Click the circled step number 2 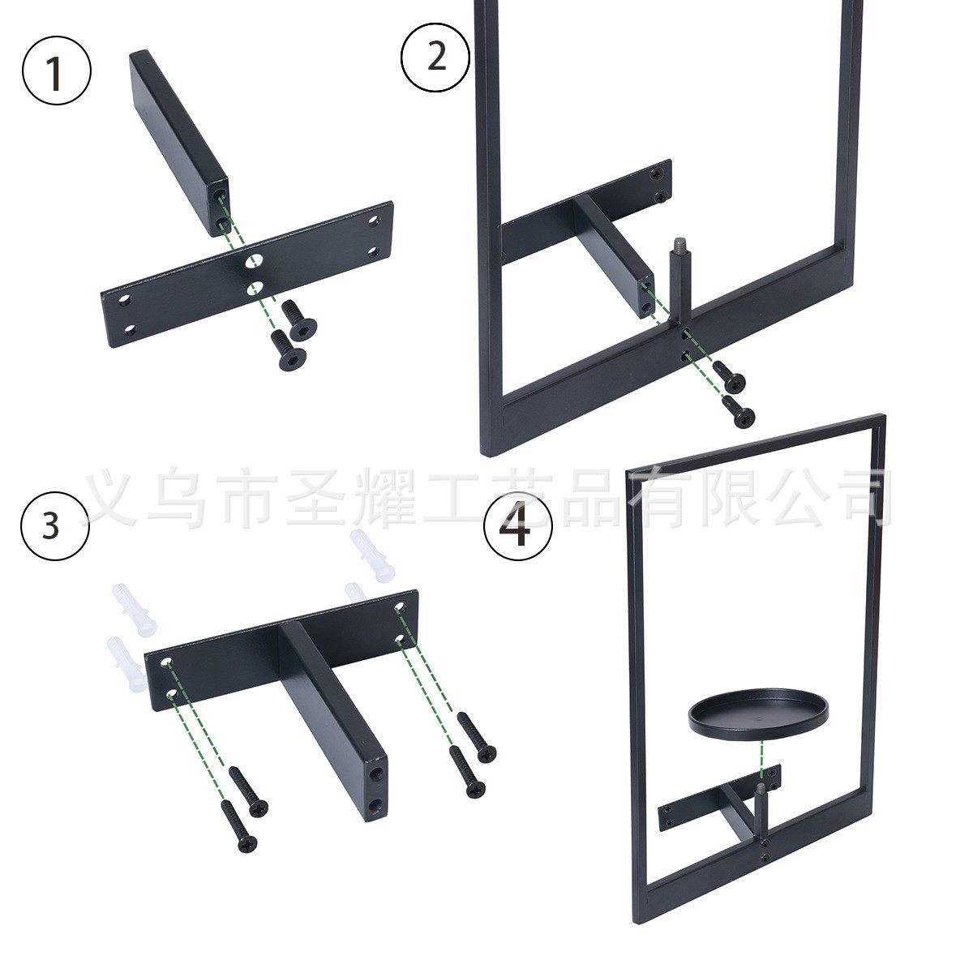[436, 55]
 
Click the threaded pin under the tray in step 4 [761, 803]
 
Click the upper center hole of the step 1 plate [255, 260]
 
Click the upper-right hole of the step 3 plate [399, 607]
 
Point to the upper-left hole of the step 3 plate [165, 663]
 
